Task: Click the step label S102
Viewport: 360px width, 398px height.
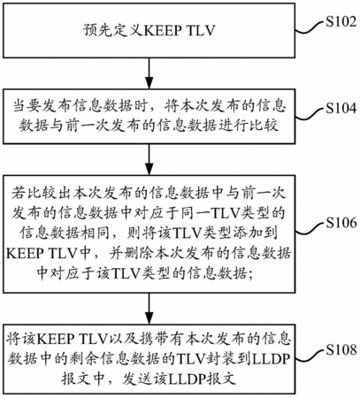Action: point(341,22)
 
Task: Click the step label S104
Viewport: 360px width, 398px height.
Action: point(341,108)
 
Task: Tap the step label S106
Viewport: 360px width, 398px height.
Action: point(341,223)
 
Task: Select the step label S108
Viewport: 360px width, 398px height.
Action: point(341,350)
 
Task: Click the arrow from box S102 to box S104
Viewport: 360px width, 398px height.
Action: point(149,73)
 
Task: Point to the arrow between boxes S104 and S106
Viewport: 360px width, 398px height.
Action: point(149,159)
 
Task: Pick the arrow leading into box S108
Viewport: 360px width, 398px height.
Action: point(149,309)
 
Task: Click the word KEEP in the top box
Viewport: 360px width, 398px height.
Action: point(163,31)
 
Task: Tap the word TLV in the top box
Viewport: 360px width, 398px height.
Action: point(201,31)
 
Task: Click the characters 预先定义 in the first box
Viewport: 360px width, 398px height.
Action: point(113,31)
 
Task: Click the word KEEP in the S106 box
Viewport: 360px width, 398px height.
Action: point(26,254)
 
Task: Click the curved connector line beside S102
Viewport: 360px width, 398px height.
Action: point(310,28)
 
